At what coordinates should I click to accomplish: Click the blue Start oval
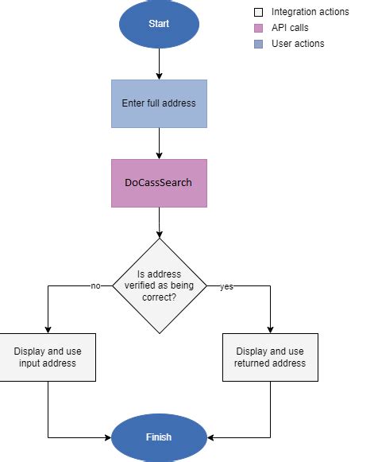(159, 24)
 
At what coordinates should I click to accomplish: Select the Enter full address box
(159, 103)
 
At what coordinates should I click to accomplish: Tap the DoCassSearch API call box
(159, 183)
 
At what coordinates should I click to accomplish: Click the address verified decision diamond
(159, 285)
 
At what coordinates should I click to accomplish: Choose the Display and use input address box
(48, 357)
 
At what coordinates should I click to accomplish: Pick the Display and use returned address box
(270, 357)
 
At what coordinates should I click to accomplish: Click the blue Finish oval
(159, 437)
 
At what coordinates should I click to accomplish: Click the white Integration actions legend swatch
(258, 12)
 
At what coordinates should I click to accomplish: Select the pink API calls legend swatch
(258, 28)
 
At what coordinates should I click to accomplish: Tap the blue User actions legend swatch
(258, 44)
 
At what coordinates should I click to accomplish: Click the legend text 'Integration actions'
(310, 12)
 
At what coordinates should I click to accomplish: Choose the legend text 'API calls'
(291, 28)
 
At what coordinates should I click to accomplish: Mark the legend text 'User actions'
(298, 44)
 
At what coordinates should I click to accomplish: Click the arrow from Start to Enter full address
(159, 64)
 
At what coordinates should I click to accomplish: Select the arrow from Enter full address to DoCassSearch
(159, 143)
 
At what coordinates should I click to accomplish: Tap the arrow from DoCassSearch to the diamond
(159, 223)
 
